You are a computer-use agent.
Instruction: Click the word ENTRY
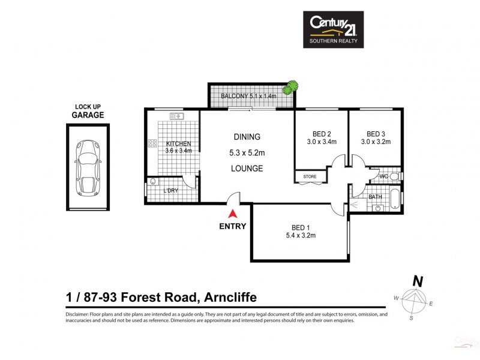tap(232, 226)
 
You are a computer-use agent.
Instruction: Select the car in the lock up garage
tap(88, 168)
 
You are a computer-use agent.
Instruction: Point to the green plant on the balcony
tap(291, 88)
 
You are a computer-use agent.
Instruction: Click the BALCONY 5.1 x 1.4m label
tap(248, 96)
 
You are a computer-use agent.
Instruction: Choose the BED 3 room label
tap(375, 138)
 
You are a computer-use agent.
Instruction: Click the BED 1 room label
tap(302, 231)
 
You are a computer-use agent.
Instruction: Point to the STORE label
tap(310, 177)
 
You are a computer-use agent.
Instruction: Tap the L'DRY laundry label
tap(171, 191)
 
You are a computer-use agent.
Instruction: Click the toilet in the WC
tap(394, 176)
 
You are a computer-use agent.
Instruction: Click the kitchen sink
tap(176, 116)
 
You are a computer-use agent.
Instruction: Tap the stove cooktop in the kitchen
tap(152, 143)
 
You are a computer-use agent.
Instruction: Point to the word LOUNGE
tap(247, 169)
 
